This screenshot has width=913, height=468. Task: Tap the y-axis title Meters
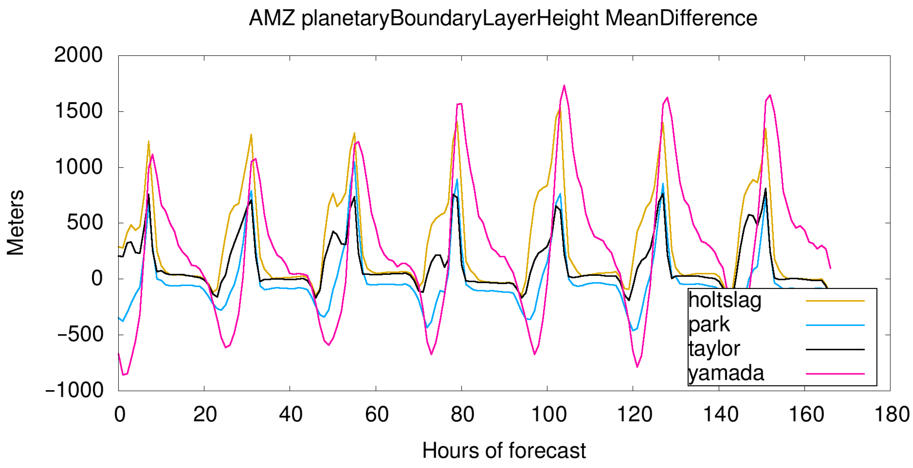pyautogui.click(x=16, y=222)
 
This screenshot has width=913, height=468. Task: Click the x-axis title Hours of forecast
pyautogui.click(x=504, y=451)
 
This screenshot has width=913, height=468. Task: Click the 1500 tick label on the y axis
pyautogui.click(x=78, y=111)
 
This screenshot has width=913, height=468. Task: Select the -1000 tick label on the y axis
pyautogui.click(x=74, y=390)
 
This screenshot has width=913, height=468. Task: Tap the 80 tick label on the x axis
pyautogui.click(x=462, y=414)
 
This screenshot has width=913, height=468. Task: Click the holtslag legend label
pyautogui.click(x=724, y=300)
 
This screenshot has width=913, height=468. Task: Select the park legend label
pyautogui.click(x=709, y=325)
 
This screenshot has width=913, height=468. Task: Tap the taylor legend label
pyautogui.click(x=714, y=349)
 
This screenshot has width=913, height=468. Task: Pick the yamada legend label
pyautogui.click(x=726, y=373)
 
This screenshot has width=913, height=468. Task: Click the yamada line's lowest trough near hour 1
pyautogui.click(x=123, y=375)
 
